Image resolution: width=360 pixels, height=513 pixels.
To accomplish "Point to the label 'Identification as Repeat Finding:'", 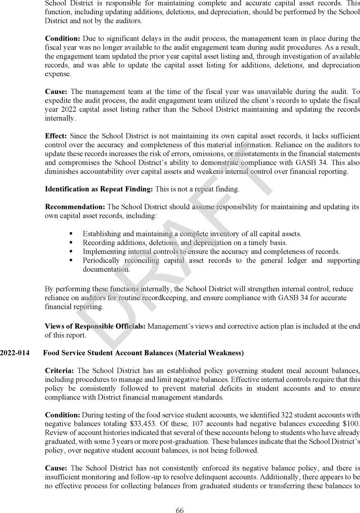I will click(99, 189).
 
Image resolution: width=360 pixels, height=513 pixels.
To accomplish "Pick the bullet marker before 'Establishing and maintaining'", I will click(71, 234).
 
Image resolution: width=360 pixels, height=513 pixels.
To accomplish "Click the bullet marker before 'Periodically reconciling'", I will click(71, 260).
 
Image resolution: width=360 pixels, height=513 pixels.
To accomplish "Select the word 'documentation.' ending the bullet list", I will click(106, 269).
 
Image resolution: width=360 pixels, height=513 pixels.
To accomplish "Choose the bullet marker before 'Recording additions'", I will click(71, 243).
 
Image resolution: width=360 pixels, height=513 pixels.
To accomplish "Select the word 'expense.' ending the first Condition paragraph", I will click(58, 74).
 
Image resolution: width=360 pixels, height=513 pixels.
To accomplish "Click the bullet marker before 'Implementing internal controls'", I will click(71, 251).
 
